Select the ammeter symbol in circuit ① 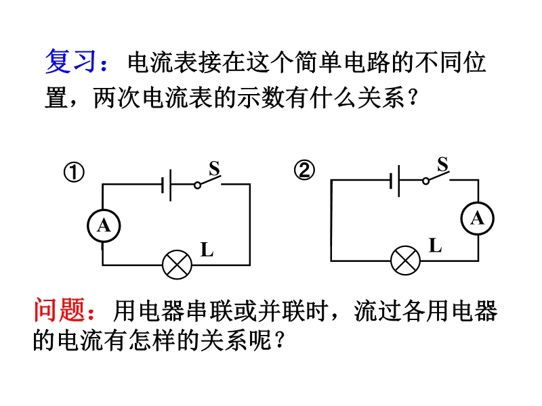pyautogui.click(x=103, y=225)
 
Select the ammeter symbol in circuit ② pyautogui.click(x=478, y=218)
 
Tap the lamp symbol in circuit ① pyautogui.click(x=178, y=264)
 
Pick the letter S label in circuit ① pyautogui.click(x=214, y=168)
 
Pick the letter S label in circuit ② pyautogui.click(x=442, y=164)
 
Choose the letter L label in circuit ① pyautogui.click(x=207, y=250)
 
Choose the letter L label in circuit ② pyautogui.click(x=435, y=246)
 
